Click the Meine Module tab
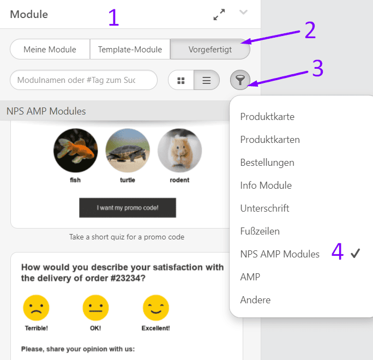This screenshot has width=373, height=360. (50, 49)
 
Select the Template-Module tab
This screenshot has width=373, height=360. (130, 49)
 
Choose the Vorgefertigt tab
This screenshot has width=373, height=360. (210, 49)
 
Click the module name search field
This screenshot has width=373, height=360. (83, 80)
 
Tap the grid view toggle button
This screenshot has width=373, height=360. (181, 80)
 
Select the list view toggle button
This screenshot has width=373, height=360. (207, 80)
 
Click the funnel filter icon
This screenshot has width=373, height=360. (240, 80)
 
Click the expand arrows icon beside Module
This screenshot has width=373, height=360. (219, 15)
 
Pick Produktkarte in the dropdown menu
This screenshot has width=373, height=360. (267, 117)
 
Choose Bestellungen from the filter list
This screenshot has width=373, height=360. (267, 163)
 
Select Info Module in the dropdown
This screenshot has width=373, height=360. (266, 185)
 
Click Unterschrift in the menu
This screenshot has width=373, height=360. (265, 208)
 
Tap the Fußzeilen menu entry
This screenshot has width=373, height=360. (260, 231)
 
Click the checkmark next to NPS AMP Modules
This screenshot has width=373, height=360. (356, 254)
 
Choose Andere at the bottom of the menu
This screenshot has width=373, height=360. (255, 300)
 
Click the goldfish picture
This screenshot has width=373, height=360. (76, 151)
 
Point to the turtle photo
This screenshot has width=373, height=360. (128, 151)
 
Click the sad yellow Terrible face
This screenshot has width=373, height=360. (36, 308)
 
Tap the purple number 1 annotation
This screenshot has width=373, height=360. (113, 17)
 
